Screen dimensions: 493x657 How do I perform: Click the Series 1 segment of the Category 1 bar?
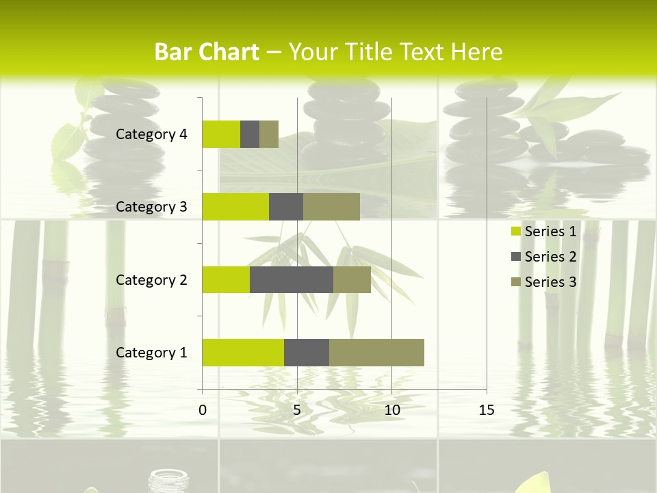point(243,353)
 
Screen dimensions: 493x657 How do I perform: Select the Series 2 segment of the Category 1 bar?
point(307,353)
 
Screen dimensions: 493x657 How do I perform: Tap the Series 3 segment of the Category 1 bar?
point(376,353)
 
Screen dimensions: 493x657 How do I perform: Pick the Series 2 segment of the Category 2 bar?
point(292,279)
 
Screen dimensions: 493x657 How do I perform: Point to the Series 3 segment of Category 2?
point(352,279)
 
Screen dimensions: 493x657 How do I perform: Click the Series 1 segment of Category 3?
point(235,207)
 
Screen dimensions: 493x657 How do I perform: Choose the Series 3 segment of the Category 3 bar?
point(331,207)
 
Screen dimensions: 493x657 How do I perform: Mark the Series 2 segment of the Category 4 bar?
point(250,134)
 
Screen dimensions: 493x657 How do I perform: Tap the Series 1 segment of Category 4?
point(221,134)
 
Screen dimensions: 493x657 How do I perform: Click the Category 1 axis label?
point(151,353)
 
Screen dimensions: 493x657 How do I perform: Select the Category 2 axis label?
point(151,279)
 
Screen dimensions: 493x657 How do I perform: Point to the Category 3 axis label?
point(151,207)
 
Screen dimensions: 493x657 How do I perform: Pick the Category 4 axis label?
point(151,134)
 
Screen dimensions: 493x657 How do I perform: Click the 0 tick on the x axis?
point(203,410)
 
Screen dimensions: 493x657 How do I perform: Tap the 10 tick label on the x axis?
point(391,410)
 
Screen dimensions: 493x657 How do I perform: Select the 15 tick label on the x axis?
point(487,410)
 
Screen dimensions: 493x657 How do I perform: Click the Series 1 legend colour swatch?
point(516,232)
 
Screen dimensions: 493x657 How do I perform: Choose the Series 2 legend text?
point(550,257)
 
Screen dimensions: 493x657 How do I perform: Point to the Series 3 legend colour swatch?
point(516,282)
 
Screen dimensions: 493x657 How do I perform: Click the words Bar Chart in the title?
point(207,52)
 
